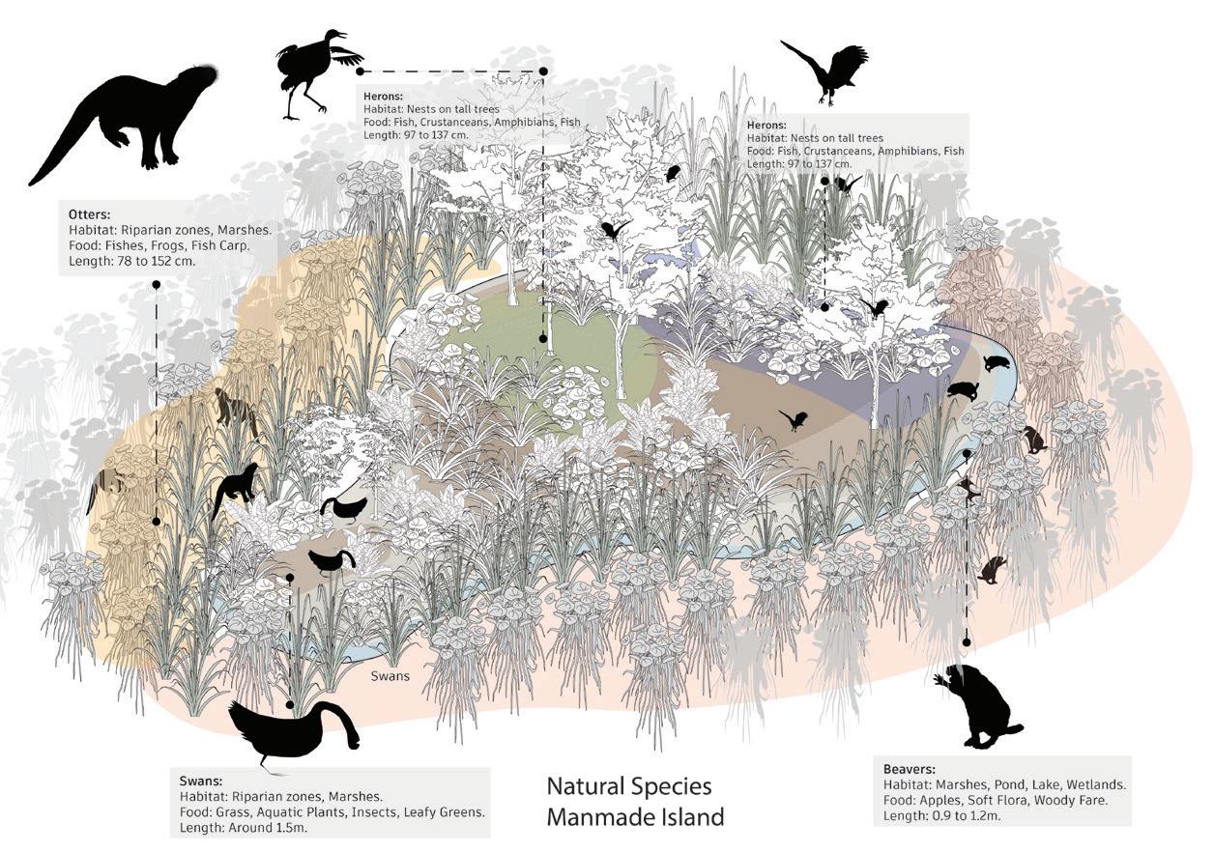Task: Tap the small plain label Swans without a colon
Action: pos(390,676)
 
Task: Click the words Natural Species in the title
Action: pos(628,785)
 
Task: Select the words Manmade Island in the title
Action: pos(634,817)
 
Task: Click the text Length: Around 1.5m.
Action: pos(242,829)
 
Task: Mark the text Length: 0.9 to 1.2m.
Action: pos(942,817)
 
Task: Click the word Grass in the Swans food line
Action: pos(233,813)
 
